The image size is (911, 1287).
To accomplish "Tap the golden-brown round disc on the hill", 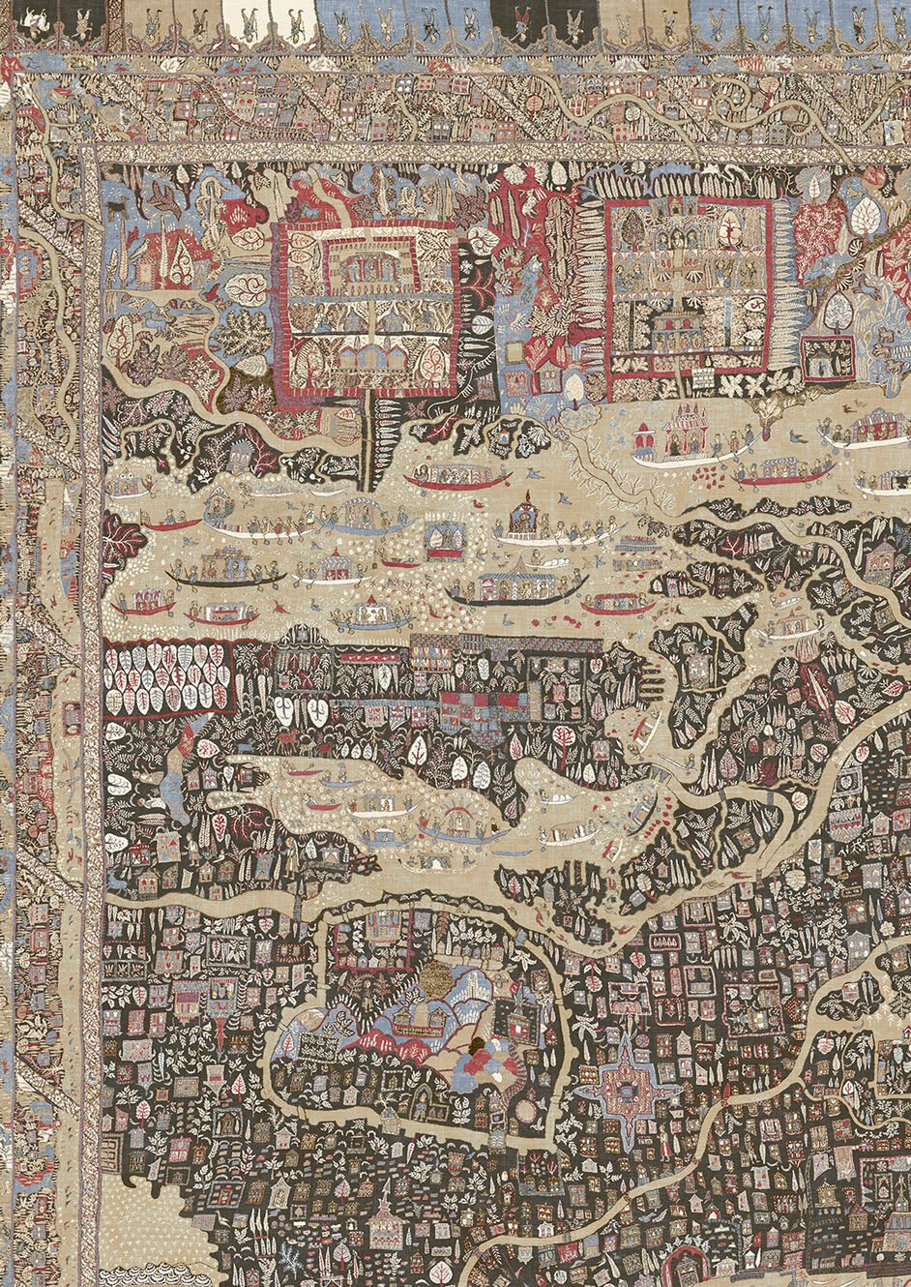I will [441, 976].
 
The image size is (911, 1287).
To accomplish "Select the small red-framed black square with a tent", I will [828, 356].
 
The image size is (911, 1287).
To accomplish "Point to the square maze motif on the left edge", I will [72, 717].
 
